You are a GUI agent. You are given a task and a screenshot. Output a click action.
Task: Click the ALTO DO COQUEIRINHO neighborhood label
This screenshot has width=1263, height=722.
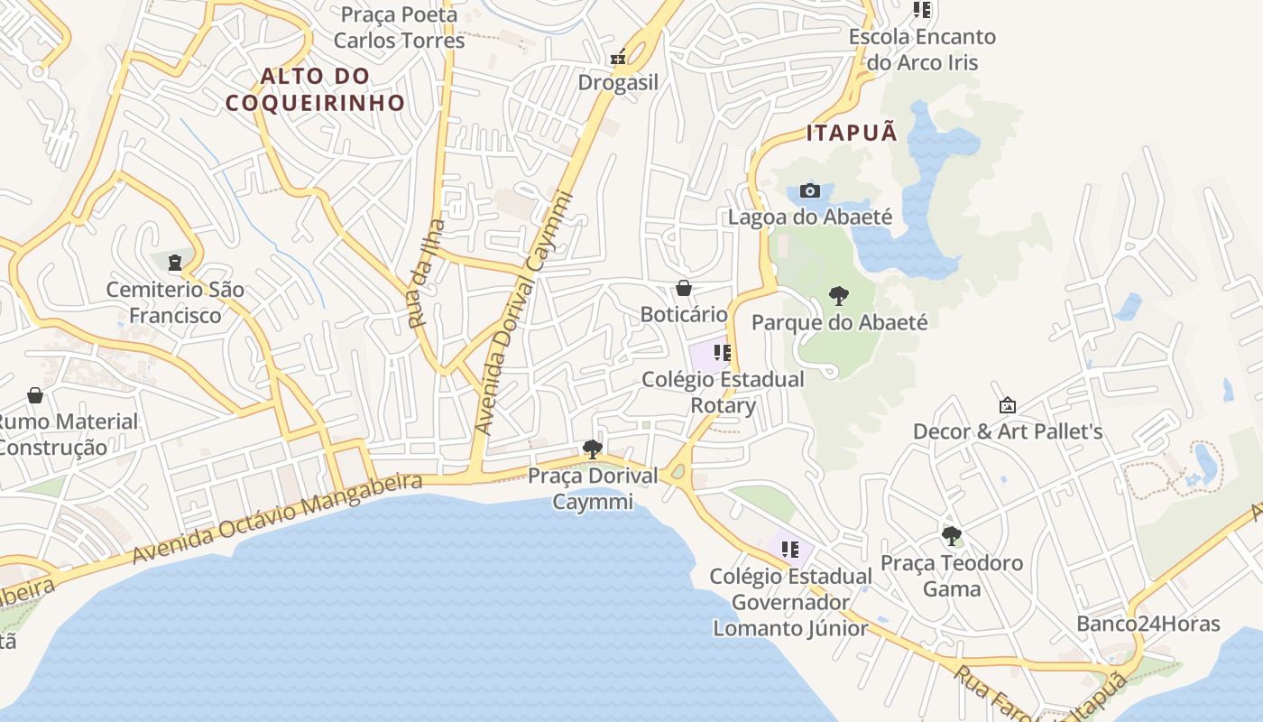pyautogui.click(x=315, y=89)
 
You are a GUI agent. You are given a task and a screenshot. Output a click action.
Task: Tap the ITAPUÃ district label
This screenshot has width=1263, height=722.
pyautogui.click(x=853, y=133)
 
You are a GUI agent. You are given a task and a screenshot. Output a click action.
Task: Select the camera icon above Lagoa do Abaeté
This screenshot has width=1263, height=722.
pyautogui.click(x=810, y=190)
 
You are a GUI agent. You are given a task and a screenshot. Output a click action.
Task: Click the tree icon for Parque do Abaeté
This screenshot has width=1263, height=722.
pyautogui.click(x=839, y=295)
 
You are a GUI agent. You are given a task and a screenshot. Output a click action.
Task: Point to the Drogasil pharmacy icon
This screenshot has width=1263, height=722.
pyautogui.click(x=619, y=57)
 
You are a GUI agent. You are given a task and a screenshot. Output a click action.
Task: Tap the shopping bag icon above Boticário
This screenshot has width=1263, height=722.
pyautogui.click(x=684, y=288)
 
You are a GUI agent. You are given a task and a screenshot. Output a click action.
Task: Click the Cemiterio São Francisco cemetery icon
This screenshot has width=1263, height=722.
pyautogui.click(x=174, y=263)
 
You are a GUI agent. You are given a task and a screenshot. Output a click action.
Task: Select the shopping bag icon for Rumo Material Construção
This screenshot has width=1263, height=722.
pyautogui.click(x=35, y=395)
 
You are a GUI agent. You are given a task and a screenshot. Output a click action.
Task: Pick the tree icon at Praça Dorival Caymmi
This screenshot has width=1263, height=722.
pyautogui.click(x=592, y=449)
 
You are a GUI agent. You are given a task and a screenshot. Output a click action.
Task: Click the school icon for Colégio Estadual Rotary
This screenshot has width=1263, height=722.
pyautogui.click(x=722, y=352)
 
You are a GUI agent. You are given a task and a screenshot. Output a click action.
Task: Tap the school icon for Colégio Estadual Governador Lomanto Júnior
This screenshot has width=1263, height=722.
pyautogui.click(x=790, y=549)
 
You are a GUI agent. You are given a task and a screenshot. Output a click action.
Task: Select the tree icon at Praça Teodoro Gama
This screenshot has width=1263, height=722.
pyautogui.click(x=951, y=536)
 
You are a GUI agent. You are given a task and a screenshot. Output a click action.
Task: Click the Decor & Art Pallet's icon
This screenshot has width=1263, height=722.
pyautogui.click(x=1008, y=406)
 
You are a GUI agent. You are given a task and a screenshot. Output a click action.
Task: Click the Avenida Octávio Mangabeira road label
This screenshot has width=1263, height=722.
pyautogui.click(x=277, y=518)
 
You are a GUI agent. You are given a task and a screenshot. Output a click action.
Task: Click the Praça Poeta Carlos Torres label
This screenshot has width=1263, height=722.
pyautogui.click(x=399, y=27)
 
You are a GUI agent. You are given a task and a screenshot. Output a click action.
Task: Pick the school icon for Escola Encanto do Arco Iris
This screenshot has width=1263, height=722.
pyautogui.click(x=921, y=10)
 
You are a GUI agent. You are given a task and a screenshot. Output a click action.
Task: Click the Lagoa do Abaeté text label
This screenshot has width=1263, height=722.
pyautogui.click(x=809, y=217)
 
